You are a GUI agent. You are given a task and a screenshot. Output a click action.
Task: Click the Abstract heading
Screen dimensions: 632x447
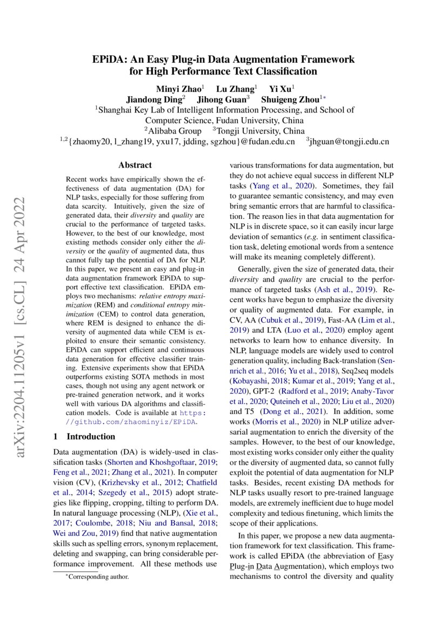click(x=135, y=165)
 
